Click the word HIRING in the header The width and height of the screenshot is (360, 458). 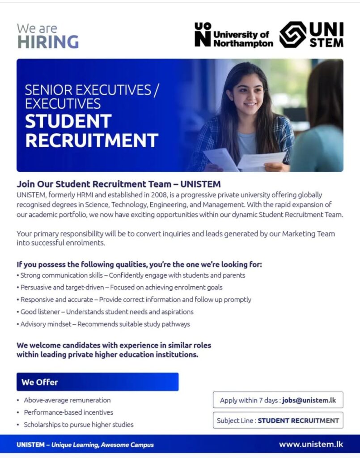point(48,42)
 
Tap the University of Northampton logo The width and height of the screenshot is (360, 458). point(233,35)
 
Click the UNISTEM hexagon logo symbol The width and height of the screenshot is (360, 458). point(293,35)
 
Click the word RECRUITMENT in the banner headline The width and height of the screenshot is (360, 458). point(92,140)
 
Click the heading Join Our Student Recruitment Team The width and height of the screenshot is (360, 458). point(119,184)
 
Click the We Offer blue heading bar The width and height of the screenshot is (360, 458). point(97,382)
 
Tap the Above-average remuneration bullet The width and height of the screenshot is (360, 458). point(67,400)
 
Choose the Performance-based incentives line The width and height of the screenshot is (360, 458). point(68,412)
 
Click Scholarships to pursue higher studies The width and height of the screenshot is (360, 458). point(79,424)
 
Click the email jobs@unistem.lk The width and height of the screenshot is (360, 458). point(309,400)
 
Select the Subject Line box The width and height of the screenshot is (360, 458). point(278,420)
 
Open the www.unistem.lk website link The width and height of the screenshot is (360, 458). point(311,445)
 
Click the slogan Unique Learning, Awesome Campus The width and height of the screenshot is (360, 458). point(102,445)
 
